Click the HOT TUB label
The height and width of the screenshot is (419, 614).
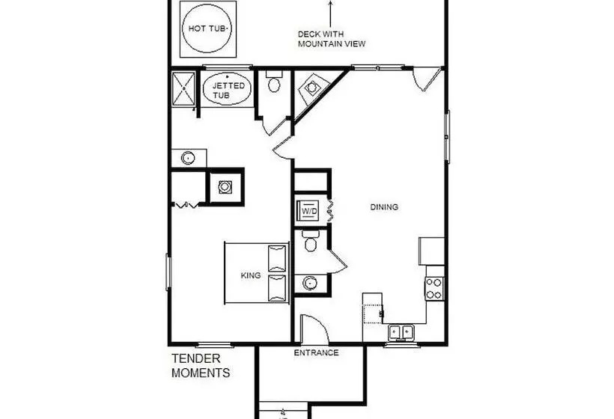click(207, 28)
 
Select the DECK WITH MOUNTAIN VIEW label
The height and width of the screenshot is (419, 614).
click(332, 39)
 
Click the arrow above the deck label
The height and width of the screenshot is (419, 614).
click(331, 13)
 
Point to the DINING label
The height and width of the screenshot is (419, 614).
click(384, 207)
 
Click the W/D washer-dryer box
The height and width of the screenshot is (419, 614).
click(308, 211)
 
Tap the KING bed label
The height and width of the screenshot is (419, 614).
click(251, 275)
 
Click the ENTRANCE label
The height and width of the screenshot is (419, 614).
click(317, 353)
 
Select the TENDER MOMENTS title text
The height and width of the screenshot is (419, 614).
click(201, 365)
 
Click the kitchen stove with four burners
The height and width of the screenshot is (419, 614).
click(434, 288)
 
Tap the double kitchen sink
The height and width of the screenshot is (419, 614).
click(401, 332)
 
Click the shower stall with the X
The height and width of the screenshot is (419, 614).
click(183, 89)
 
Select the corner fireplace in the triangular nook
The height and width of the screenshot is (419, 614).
click(312, 89)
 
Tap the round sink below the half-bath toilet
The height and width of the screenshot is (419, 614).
click(310, 283)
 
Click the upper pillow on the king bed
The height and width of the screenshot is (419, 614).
click(277, 258)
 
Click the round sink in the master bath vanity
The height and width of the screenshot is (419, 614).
click(188, 158)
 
